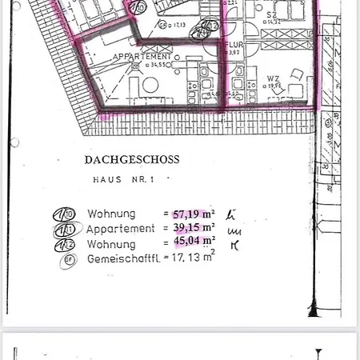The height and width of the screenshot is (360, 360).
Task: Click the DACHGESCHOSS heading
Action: (x=131, y=159)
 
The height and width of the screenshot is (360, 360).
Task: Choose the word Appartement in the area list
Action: (x=121, y=227)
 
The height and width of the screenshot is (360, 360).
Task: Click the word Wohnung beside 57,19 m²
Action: (x=111, y=214)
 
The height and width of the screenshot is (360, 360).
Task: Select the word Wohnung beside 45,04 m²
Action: (x=111, y=241)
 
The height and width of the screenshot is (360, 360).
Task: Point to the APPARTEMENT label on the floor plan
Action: (x=142, y=57)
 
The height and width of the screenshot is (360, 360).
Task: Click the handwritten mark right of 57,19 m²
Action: (x=230, y=214)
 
